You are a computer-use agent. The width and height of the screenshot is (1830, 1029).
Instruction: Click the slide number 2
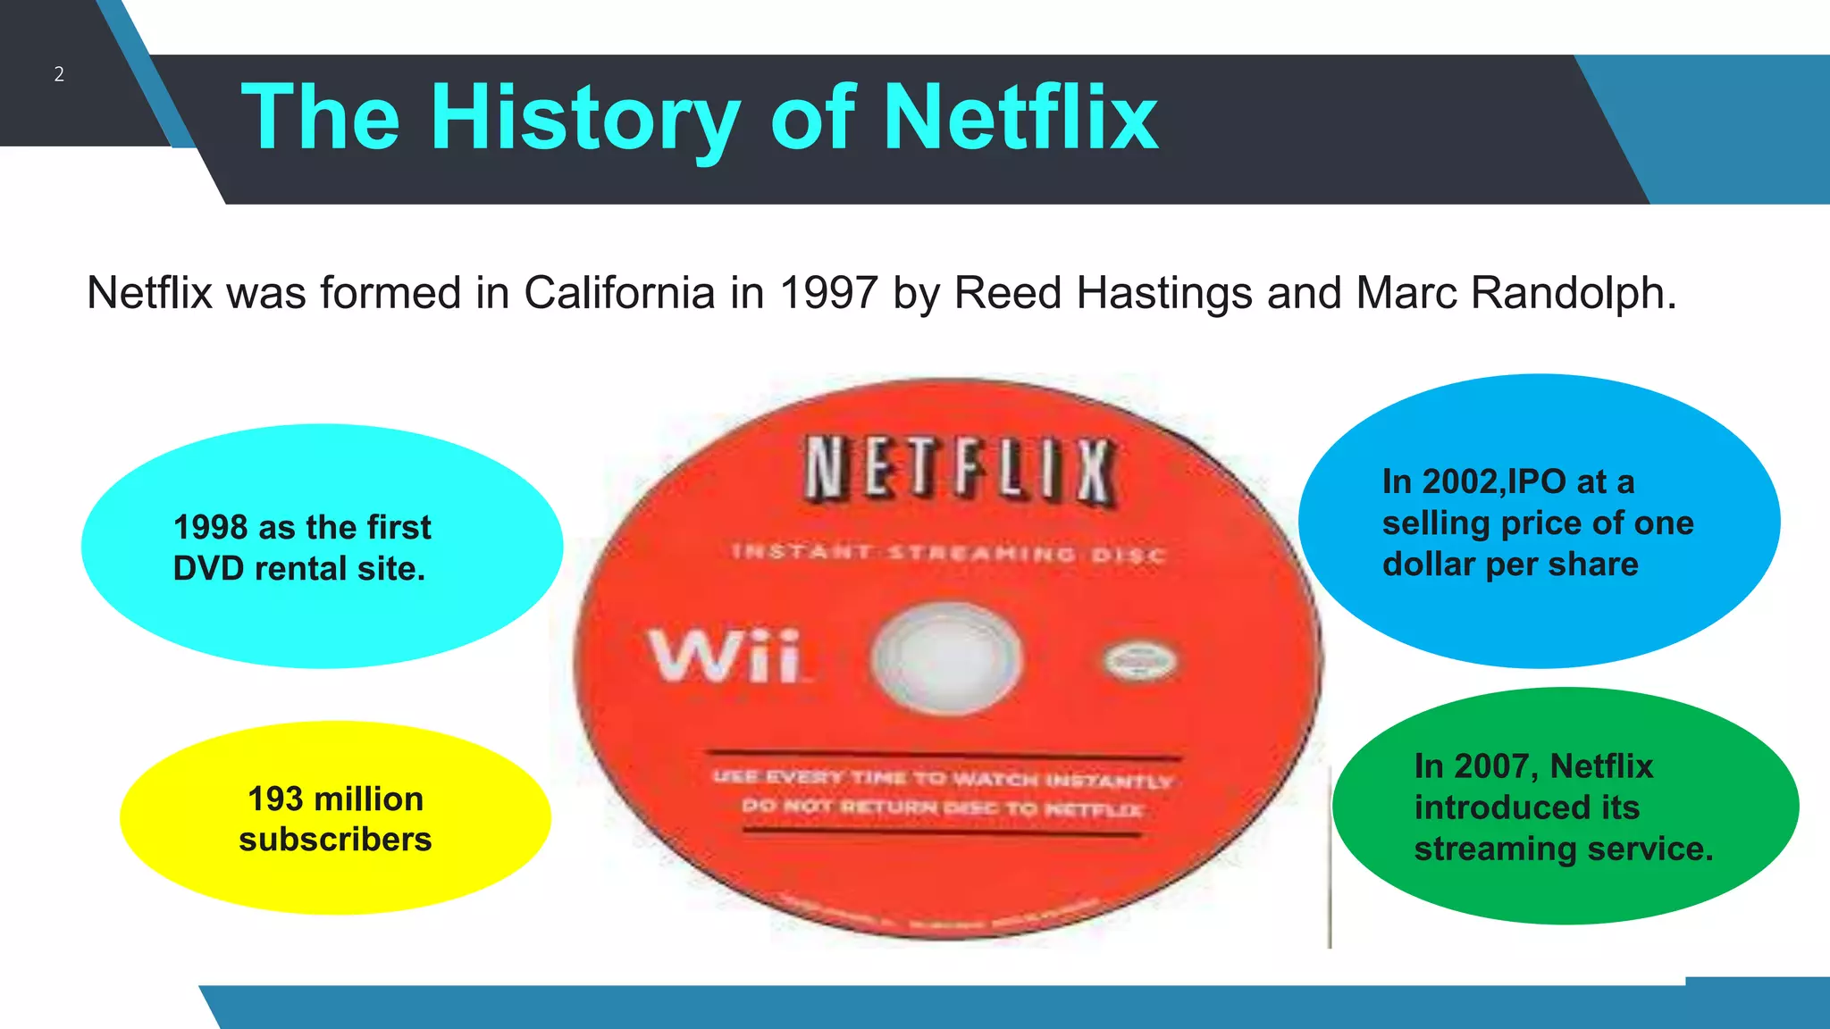(x=59, y=74)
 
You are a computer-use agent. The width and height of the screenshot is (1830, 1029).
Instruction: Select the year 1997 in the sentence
(x=828, y=293)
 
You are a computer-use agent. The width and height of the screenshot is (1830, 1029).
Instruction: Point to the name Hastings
(x=1164, y=293)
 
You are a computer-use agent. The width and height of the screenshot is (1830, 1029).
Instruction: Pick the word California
(x=619, y=293)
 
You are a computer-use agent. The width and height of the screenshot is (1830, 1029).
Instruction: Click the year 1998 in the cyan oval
(x=211, y=527)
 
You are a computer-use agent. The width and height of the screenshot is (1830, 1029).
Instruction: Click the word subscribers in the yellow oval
(x=335, y=840)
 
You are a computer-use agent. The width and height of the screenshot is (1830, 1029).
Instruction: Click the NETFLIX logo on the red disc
(x=960, y=469)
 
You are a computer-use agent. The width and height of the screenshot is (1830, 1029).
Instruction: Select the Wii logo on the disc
(x=725, y=656)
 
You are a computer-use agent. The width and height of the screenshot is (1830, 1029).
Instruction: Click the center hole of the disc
(x=945, y=657)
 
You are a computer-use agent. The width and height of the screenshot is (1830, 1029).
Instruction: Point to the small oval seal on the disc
(x=1141, y=662)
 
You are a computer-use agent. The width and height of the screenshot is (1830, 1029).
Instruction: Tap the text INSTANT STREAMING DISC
(x=949, y=554)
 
